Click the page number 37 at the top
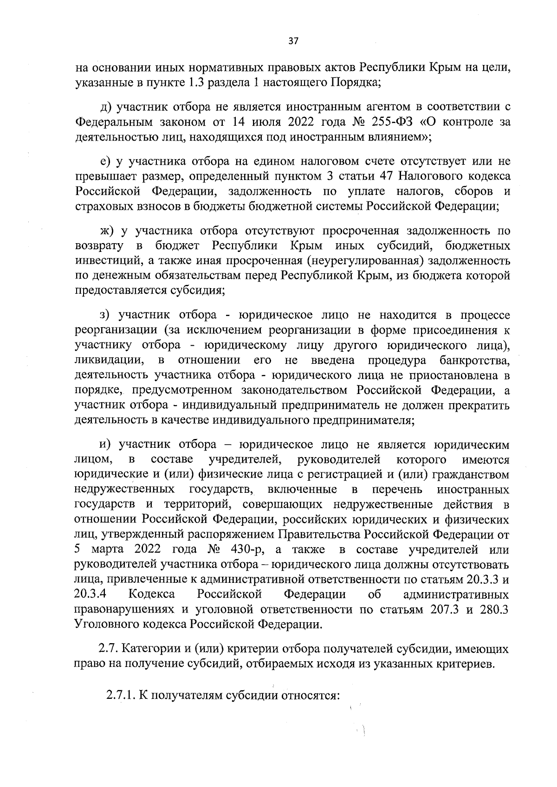[x=293, y=41]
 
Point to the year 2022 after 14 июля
[x=304, y=122]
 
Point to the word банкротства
[x=474, y=360]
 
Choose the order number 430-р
[x=246, y=550]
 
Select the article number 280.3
[x=493, y=609]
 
